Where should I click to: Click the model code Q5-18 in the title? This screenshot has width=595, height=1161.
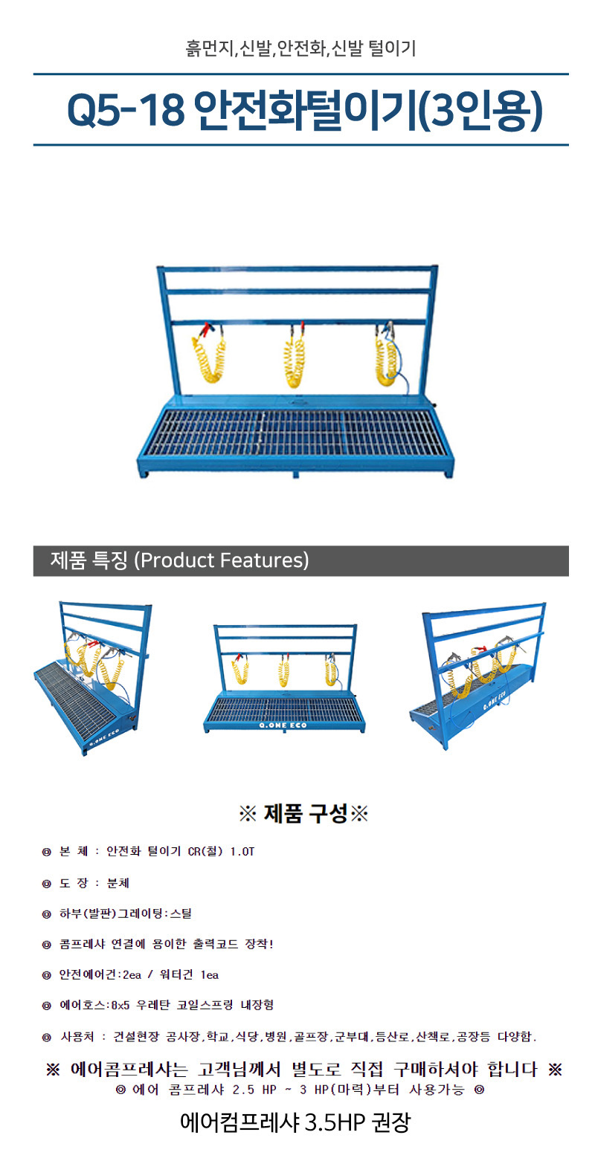click(126, 110)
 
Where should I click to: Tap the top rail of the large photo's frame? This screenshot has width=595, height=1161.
click(297, 268)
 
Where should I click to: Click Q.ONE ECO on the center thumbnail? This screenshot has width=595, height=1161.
click(283, 725)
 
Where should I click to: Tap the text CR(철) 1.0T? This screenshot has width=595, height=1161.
click(221, 852)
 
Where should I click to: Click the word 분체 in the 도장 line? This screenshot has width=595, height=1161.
click(118, 883)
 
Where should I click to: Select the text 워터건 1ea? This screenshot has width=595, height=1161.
click(189, 975)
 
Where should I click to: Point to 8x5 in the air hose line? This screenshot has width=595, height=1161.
click(120, 1006)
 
